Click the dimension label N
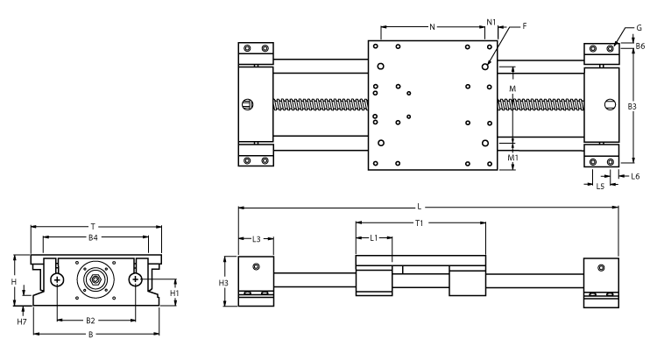(433, 27)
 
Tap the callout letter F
(524, 27)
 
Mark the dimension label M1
(514, 159)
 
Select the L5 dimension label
(600, 186)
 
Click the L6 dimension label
(635, 176)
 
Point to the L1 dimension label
(373, 237)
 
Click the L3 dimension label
(257, 238)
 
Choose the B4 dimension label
(94, 237)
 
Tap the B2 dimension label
(90, 321)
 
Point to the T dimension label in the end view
(95, 225)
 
